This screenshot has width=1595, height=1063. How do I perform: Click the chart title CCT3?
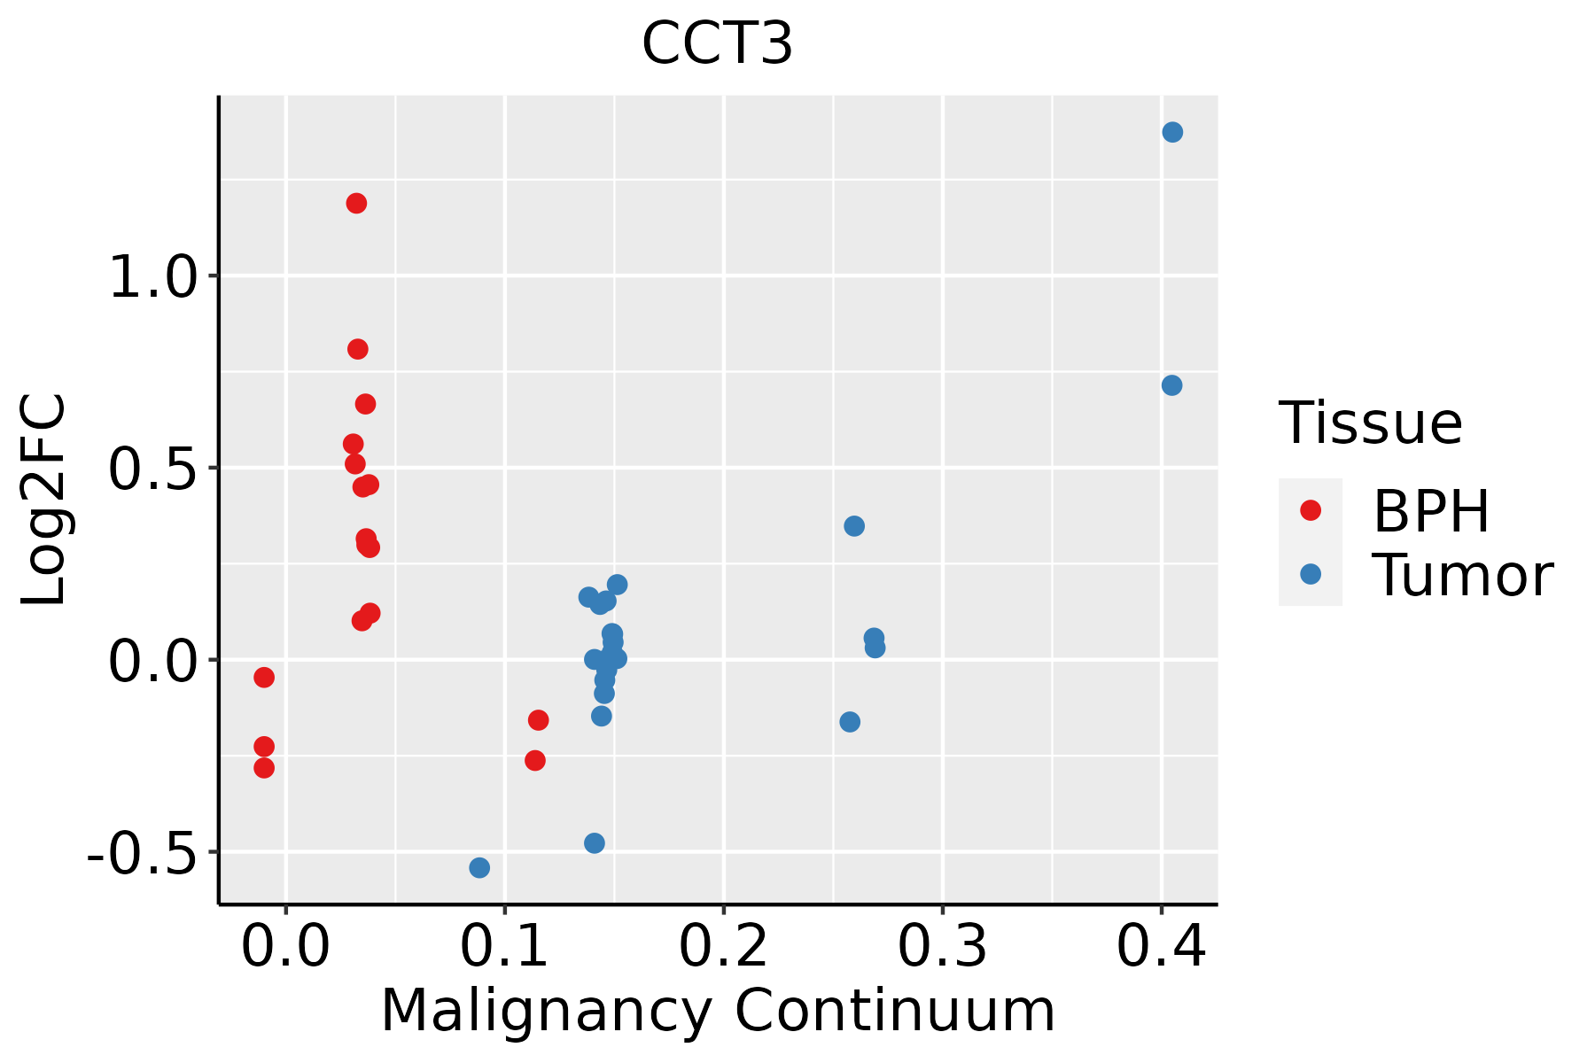[717, 43]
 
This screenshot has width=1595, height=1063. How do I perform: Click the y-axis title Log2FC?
[43, 500]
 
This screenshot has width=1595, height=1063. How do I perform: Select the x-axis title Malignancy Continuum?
[717, 1011]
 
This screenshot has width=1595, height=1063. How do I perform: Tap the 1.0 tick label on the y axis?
[151, 276]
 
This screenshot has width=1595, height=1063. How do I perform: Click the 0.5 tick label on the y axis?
[151, 469]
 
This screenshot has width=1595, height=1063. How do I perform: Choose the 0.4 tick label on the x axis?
[1161, 947]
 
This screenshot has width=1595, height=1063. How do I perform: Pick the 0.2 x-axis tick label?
[723, 947]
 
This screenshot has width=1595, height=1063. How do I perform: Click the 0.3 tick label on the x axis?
[942, 947]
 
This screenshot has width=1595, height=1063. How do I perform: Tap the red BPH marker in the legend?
[1310, 510]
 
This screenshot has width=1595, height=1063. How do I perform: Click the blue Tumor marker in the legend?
[1310, 574]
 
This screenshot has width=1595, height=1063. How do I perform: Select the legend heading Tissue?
[1371, 423]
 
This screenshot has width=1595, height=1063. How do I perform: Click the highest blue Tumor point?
[1172, 132]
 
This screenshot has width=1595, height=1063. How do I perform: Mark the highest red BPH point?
[356, 204]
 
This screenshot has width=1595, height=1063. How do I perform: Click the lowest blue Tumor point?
[479, 867]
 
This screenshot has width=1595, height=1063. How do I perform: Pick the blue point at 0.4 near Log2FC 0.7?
[1171, 385]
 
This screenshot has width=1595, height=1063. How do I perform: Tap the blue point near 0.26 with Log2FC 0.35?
[854, 526]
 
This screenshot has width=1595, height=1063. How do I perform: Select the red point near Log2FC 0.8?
[357, 349]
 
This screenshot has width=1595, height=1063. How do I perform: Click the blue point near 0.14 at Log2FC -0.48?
[595, 843]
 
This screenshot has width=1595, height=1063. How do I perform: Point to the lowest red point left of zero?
[264, 768]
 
